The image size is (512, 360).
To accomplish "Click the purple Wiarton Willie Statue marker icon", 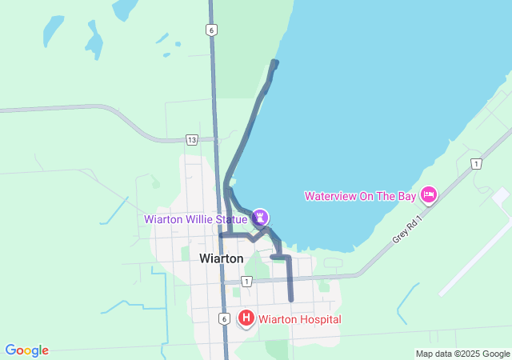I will tap(261, 217).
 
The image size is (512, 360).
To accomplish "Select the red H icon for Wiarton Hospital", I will tap(246, 319).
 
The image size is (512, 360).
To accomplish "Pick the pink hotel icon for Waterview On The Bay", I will tap(429, 196).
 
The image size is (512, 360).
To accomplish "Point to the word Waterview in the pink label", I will tap(331, 197).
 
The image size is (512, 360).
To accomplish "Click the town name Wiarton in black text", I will tap(221, 258).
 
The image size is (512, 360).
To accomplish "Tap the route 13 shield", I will tap(191, 139).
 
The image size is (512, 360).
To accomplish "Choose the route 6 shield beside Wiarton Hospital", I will tap(224, 318).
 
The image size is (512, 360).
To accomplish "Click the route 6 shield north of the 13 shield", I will tap(210, 30).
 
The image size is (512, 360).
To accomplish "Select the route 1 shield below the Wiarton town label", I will tap(246, 281).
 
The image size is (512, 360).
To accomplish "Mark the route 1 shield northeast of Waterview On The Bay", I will tap(477, 164).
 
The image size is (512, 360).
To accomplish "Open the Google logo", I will tap(26, 350).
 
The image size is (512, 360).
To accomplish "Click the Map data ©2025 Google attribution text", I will tap(462, 354).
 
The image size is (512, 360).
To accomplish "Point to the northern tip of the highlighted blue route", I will tap(275, 62).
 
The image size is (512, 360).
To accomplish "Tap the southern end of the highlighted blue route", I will tap(290, 299).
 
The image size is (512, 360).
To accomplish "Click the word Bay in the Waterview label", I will tap(406, 197).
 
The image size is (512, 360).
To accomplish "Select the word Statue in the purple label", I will tap(238, 219).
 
